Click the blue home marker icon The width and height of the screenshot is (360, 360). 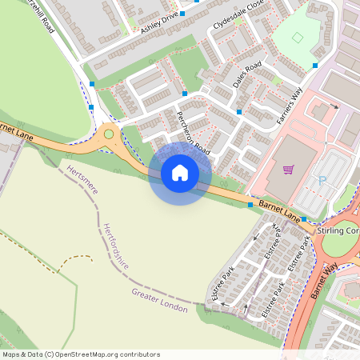tap(180, 172)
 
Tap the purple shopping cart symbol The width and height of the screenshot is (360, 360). tap(288, 170)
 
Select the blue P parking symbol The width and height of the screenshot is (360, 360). tap(322, 181)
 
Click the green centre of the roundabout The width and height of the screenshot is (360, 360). tap(108, 134)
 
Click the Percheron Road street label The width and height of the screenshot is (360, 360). tap(193, 132)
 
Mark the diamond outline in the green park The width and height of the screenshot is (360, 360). tap(298, 38)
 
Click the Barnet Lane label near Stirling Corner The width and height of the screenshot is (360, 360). tap(279, 212)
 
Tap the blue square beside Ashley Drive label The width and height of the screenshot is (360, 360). tap(182, 14)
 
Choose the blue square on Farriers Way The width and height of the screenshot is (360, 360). tap(315, 65)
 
